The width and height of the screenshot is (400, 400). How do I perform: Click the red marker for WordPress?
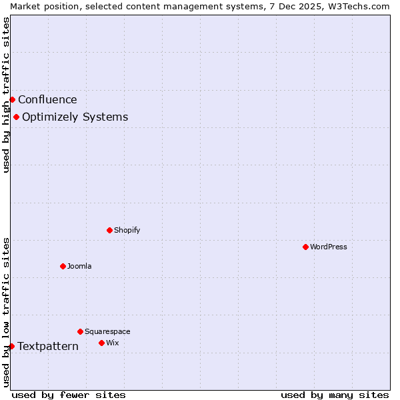(305, 247)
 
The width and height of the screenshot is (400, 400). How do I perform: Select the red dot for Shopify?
(109, 230)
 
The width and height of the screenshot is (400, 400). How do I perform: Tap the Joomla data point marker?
(63, 266)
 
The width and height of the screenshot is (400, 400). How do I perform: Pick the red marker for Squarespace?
(80, 331)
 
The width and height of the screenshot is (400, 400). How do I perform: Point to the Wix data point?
(101, 343)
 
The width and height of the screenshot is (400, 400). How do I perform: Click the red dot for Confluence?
(12, 100)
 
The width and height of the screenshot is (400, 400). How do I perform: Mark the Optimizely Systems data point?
(16, 117)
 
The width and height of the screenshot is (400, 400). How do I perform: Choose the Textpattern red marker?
(11, 346)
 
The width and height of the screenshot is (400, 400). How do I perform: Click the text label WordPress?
(329, 247)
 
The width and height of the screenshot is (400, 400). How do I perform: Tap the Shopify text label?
(127, 230)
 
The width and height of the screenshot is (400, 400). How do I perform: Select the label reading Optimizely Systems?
(75, 117)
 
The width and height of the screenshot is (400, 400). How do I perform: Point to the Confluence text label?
(47, 100)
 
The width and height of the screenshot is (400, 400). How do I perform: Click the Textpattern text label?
(48, 346)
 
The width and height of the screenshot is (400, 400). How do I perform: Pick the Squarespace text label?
(107, 331)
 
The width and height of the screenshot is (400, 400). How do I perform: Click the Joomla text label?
(79, 266)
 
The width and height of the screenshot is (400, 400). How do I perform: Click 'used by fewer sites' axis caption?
(69, 395)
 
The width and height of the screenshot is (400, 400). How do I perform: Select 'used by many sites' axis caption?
(335, 395)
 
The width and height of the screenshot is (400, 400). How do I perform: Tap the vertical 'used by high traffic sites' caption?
(6, 95)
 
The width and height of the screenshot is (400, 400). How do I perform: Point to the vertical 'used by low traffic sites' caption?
(6, 311)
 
